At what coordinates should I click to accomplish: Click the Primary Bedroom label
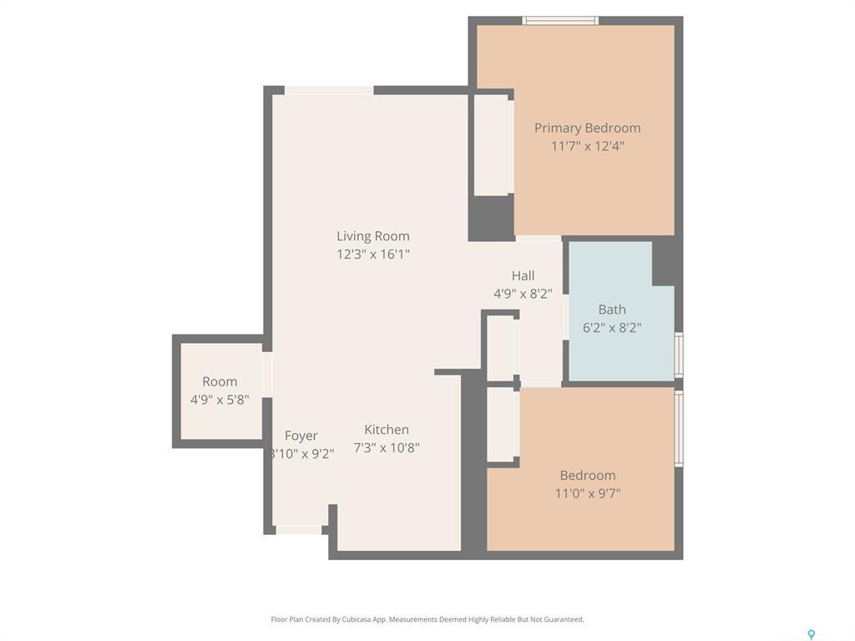point(587,128)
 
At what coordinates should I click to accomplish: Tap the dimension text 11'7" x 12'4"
point(587,146)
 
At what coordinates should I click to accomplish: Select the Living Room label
point(373,236)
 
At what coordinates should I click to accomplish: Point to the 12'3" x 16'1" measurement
point(373,255)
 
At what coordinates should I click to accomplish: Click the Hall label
point(523,275)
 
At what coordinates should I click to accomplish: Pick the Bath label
point(611,310)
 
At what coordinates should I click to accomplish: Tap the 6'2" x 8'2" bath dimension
point(611,328)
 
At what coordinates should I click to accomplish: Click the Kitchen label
point(387,430)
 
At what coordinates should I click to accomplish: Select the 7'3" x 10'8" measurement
point(387,448)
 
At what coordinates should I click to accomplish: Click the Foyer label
point(301,436)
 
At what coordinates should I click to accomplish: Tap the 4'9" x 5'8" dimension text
point(220,400)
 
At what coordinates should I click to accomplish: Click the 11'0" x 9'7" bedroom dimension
point(587,493)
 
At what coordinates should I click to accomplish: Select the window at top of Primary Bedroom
point(560,20)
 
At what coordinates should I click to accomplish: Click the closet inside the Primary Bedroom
point(493,145)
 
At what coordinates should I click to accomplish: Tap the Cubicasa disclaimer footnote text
point(427,619)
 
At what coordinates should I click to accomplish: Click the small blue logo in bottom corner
point(810,634)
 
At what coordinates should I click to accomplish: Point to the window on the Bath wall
point(679,355)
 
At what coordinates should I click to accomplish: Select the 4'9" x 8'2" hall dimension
point(523,294)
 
